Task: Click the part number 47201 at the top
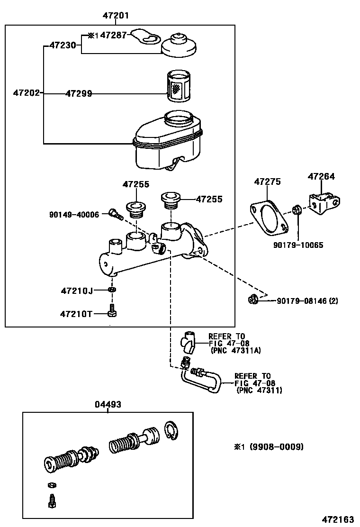[116, 16]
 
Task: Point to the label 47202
[26, 93]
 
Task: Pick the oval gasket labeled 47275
[269, 218]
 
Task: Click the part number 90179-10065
[298, 245]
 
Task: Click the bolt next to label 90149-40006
[115, 215]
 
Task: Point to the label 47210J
[77, 290]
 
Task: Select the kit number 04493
[108, 404]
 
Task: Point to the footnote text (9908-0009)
[276, 447]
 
